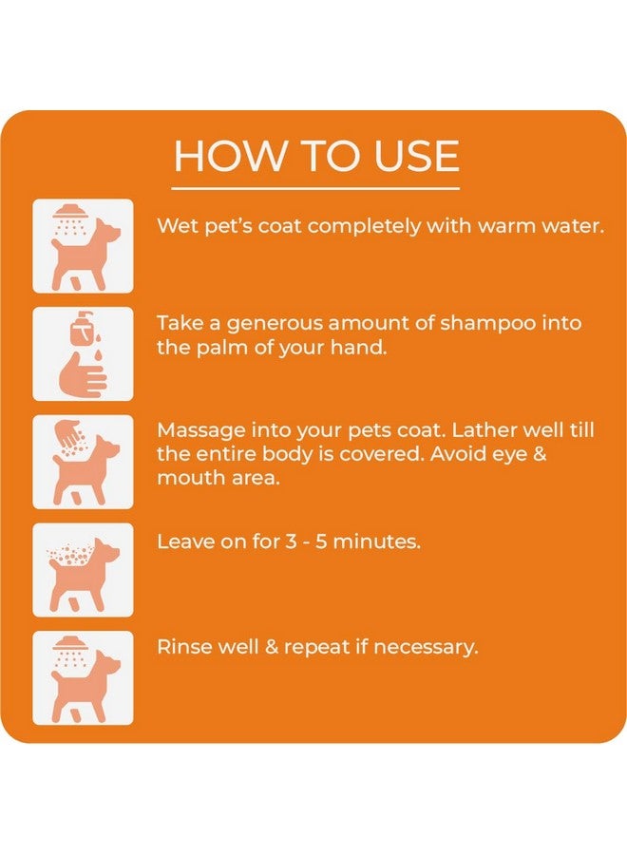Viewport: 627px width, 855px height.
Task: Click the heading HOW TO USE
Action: (316, 156)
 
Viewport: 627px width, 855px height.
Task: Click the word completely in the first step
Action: (367, 227)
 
